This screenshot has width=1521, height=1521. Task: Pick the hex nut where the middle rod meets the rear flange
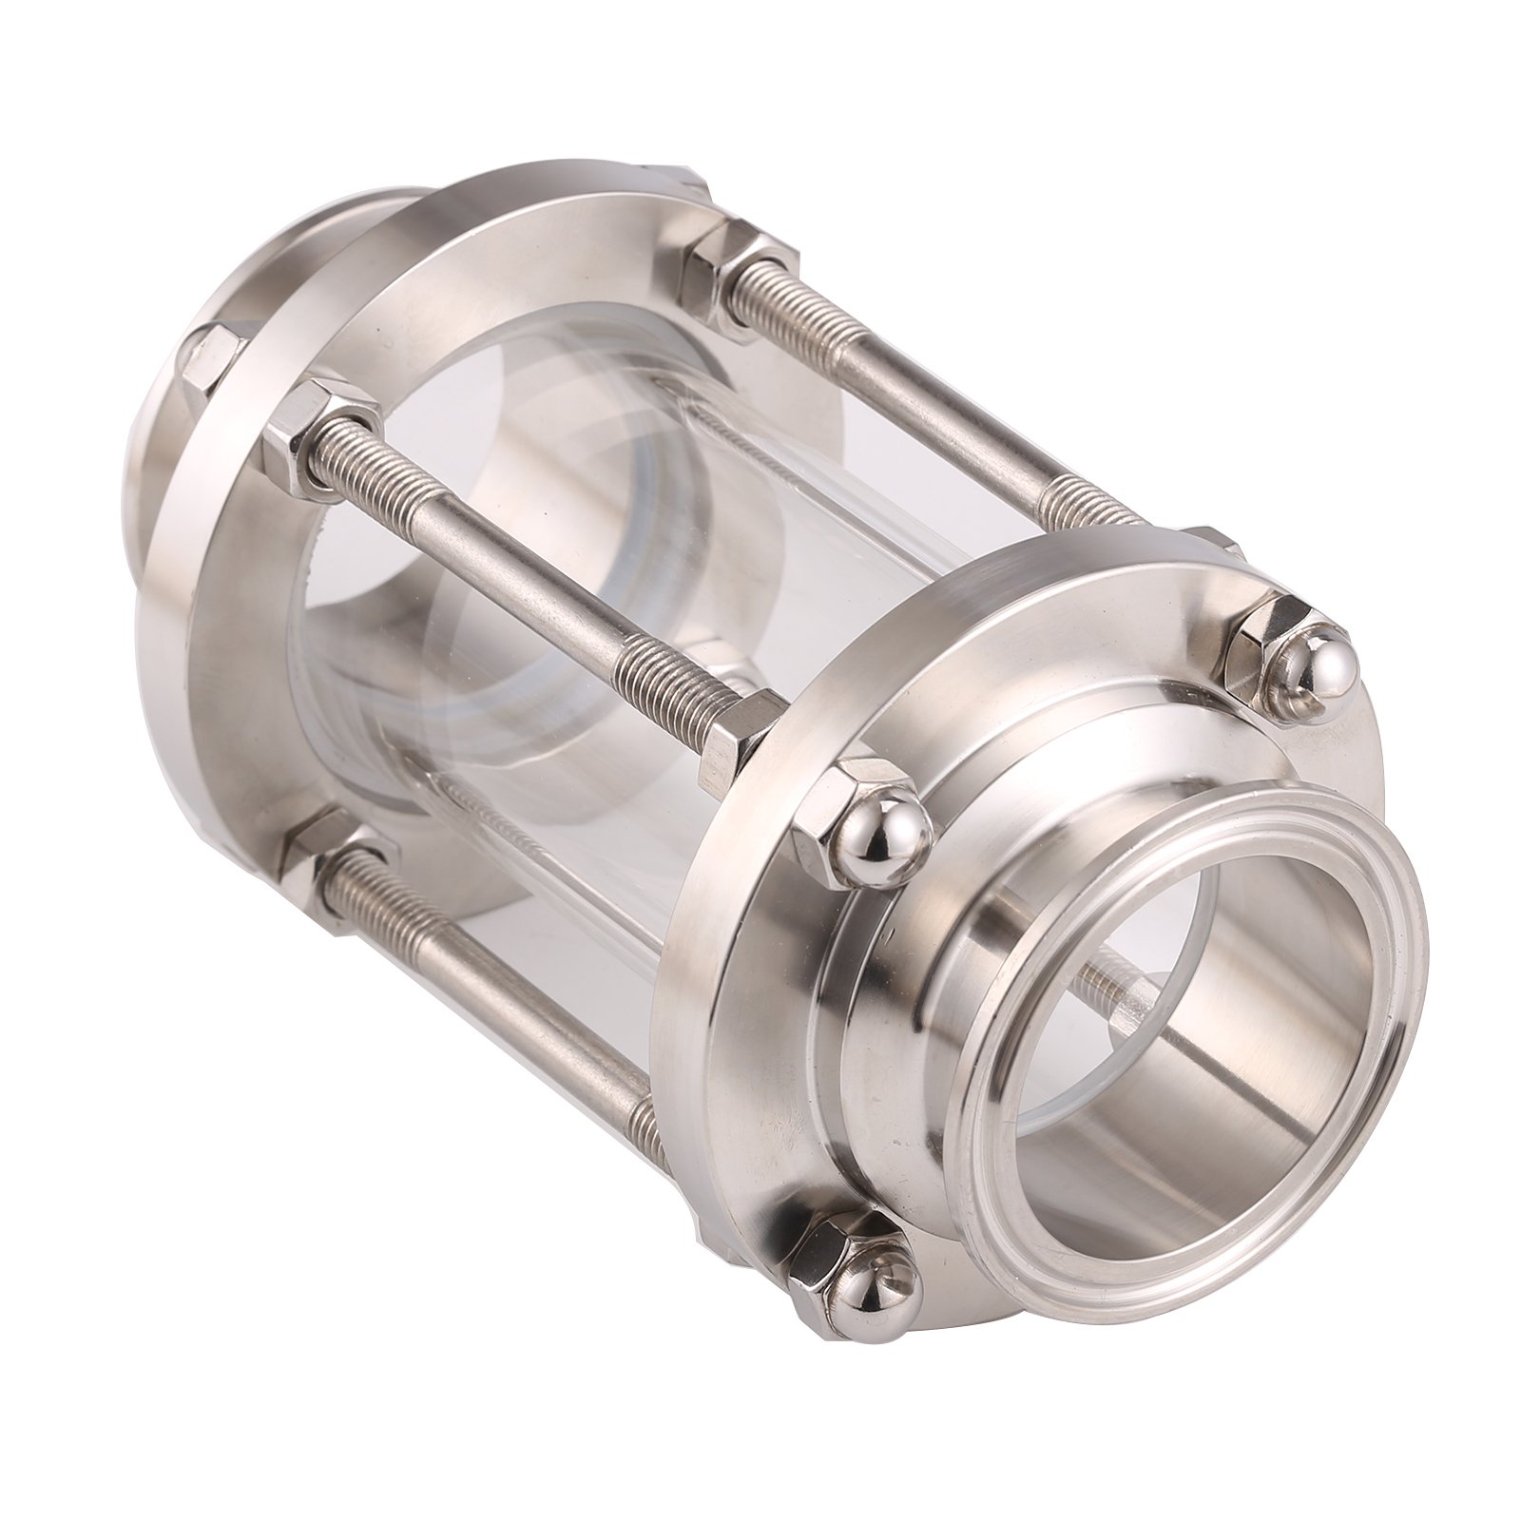[318, 428]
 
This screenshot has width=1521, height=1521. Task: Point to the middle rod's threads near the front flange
[656, 675]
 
